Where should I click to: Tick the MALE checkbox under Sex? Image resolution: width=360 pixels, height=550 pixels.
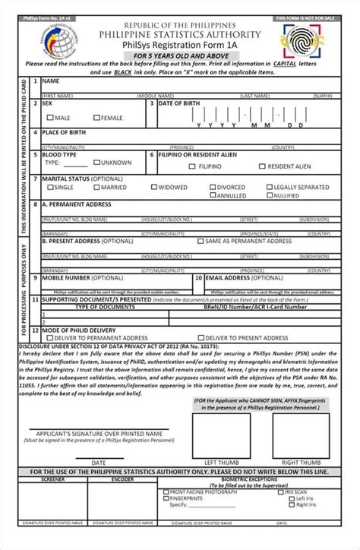tap(50, 118)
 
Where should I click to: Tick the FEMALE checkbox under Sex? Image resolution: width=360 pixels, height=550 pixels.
tap(96, 118)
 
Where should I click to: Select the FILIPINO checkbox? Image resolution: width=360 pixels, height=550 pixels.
tap(193, 166)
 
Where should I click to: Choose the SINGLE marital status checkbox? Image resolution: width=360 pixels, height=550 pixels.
tap(50, 187)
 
